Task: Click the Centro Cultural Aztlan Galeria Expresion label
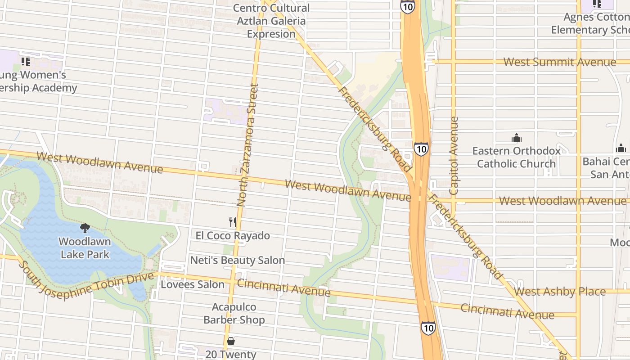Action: tap(271, 21)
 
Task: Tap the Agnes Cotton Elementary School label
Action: tap(590, 23)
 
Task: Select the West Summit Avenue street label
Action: tap(559, 62)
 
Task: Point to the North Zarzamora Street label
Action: tap(248, 144)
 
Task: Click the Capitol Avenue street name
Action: tap(454, 156)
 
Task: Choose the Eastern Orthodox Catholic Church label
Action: tap(516, 157)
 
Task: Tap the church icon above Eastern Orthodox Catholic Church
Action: tap(516, 137)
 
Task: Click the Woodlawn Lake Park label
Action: tap(85, 248)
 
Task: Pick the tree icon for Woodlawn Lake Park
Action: tap(85, 228)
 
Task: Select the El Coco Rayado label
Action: tap(233, 235)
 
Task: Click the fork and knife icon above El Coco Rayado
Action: tap(232, 222)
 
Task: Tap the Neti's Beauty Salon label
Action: tap(237, 260)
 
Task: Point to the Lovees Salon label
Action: tap(193, 284)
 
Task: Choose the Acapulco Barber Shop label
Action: tap(234, 313)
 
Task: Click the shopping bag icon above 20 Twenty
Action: tap(230, 341)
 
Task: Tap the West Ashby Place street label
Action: tap(559, 291)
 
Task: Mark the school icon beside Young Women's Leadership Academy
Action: tap(26, 61)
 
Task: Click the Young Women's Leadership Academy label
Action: tap(38, 81)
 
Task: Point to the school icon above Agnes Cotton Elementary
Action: tap(597, 4)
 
